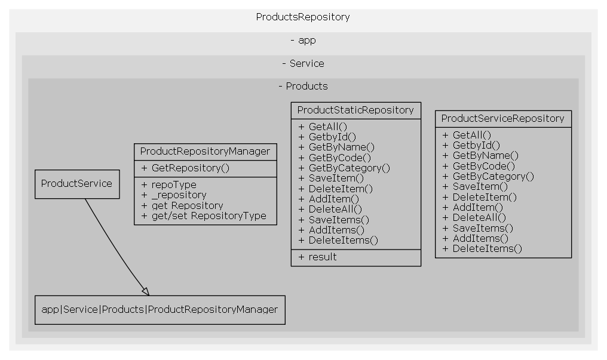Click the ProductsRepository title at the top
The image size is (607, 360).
pyautogui.click(x=303, y=17)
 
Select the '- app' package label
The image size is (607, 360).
pyautogui.click(x=303, y=41)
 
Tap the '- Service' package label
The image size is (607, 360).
pyautogui.click(x=303, y=63)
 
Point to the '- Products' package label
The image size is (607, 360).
pyautogui.click(x=303, y=86)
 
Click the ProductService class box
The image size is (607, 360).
pyautogui.click(x=76, y=184)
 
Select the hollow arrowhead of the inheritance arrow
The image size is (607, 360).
pyautogui.click(x=145, y=291)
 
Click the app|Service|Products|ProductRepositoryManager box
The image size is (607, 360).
pyautogui.click(x=160, y=309)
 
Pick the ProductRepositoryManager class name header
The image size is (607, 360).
pyautogui.click(x=205, y=152)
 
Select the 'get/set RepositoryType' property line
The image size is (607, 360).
pyautogui.click(x=204, y=216)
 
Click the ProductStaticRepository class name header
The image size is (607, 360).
pyautogui.click(x=355, y=110)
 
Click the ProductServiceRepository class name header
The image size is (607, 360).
pyautogui.click(x=502, y=118)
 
